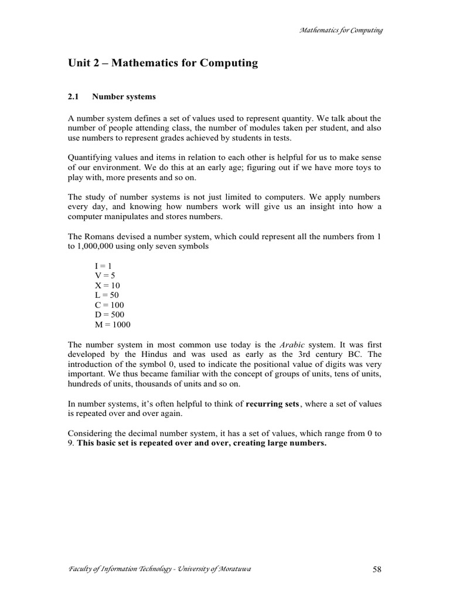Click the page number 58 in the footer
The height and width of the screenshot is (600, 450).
pyautogui.click(x=377, y=570)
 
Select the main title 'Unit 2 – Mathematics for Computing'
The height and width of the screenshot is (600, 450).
pyautogui.click(x=163, y=63)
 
